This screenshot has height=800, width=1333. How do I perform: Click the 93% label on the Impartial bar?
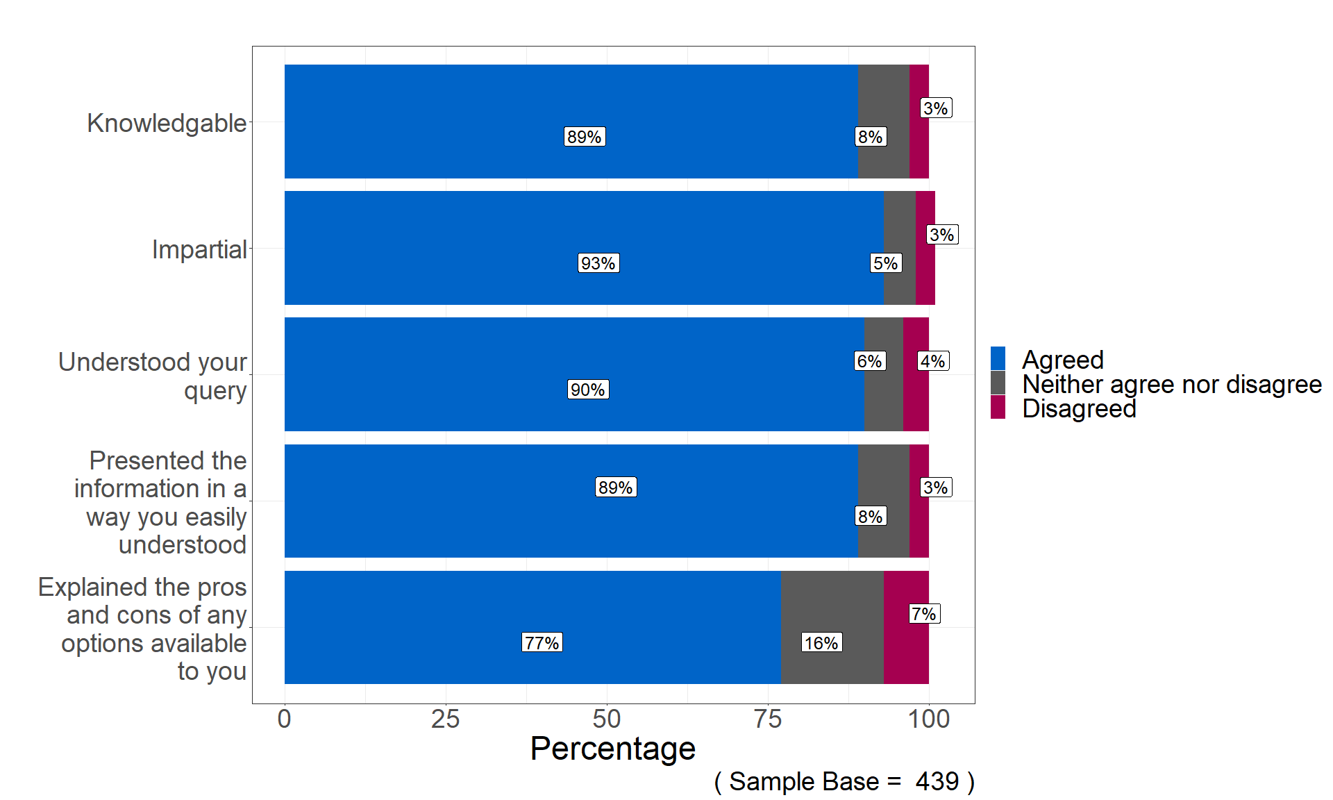coord(598,263)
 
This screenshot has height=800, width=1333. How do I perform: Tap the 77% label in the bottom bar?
coord(542,642)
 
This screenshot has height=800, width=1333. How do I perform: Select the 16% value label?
coord(821,642)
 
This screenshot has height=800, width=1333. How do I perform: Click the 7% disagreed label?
coord(924,614)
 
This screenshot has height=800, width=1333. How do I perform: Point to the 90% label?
coord(588,390)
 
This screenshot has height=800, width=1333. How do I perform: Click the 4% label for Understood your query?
coord(932,361)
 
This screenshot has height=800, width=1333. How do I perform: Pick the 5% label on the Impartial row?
coord(885,263)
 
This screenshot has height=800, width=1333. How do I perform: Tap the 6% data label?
coord(869,361)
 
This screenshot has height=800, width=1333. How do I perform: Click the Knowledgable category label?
coord(167,123)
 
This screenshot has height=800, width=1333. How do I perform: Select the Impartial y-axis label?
coord(199,249)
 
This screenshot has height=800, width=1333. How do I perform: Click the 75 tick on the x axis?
coord(768,719)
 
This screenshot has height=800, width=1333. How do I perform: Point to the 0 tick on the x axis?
coord(284,719)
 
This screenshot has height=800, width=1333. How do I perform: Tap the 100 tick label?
coord(929,719)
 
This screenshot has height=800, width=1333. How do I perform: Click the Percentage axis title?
coord(612,749)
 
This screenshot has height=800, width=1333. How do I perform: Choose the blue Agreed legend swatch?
coord(998,359)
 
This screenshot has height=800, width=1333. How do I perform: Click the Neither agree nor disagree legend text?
coord(1172,384)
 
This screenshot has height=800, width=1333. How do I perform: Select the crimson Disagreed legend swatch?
coord(998,408)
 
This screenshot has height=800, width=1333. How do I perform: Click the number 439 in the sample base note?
coord(937,782)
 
